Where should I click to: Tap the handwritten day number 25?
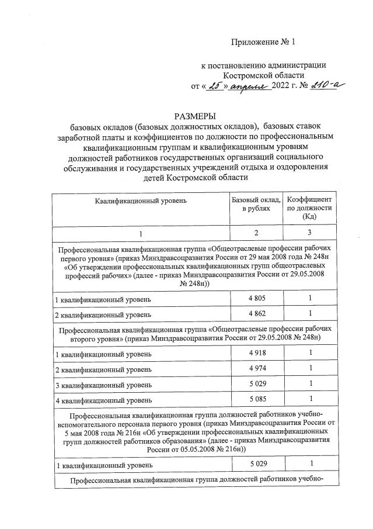pyautogui.click(x=215, y=87)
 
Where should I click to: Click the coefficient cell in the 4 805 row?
pyautogui.click(x=311, y=299)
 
